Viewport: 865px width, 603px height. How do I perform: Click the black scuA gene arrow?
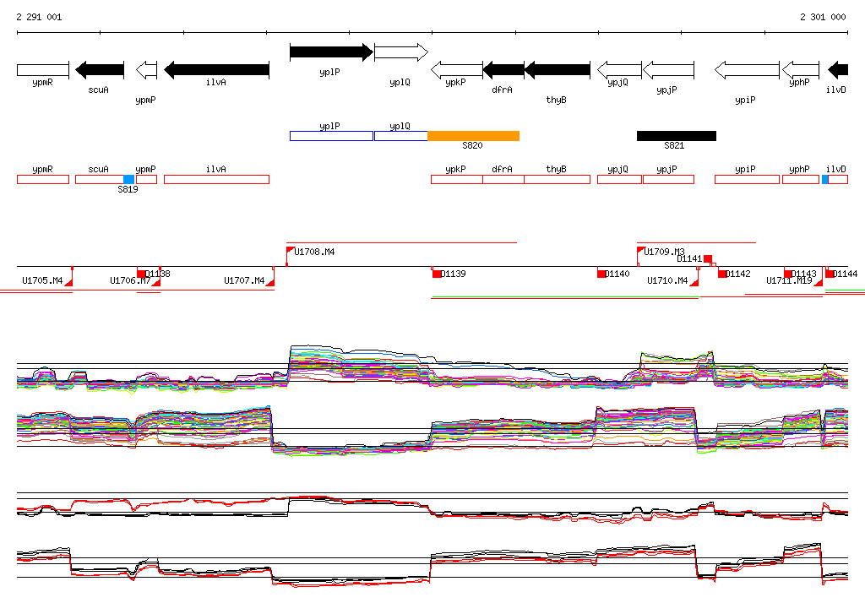tap(100, 69)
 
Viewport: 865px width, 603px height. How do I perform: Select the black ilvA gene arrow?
tap(216, 69)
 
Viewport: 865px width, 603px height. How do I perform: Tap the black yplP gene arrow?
tap(330, 52)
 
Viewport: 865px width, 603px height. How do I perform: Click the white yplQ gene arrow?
tap(400, 52)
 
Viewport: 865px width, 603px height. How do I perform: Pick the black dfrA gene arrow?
tap(503, 69)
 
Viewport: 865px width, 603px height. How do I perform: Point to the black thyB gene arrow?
tap(557, 69)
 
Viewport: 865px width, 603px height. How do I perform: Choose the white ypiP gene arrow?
tap(747, 69)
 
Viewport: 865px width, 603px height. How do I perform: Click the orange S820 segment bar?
tap(473, 136)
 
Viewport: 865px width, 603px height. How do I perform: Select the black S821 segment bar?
tap(676, 136)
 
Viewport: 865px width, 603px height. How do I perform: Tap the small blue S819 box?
tap(128, 179)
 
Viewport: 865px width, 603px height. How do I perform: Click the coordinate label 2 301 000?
tap(823, 17)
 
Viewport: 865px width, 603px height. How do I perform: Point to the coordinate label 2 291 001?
tap(39, 17)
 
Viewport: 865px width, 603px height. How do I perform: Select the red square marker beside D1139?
tap(437, 274)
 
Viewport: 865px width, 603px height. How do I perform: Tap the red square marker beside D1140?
tap(601, 274)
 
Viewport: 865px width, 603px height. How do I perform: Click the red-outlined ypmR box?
tap(43, 179)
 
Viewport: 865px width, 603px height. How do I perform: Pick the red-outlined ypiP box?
tap(747, 179)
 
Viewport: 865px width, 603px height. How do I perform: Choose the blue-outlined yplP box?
tap(330, 136)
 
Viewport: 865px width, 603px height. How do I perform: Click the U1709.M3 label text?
tap(664, 252)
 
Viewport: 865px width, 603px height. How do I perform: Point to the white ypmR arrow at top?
tap(43, 69)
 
